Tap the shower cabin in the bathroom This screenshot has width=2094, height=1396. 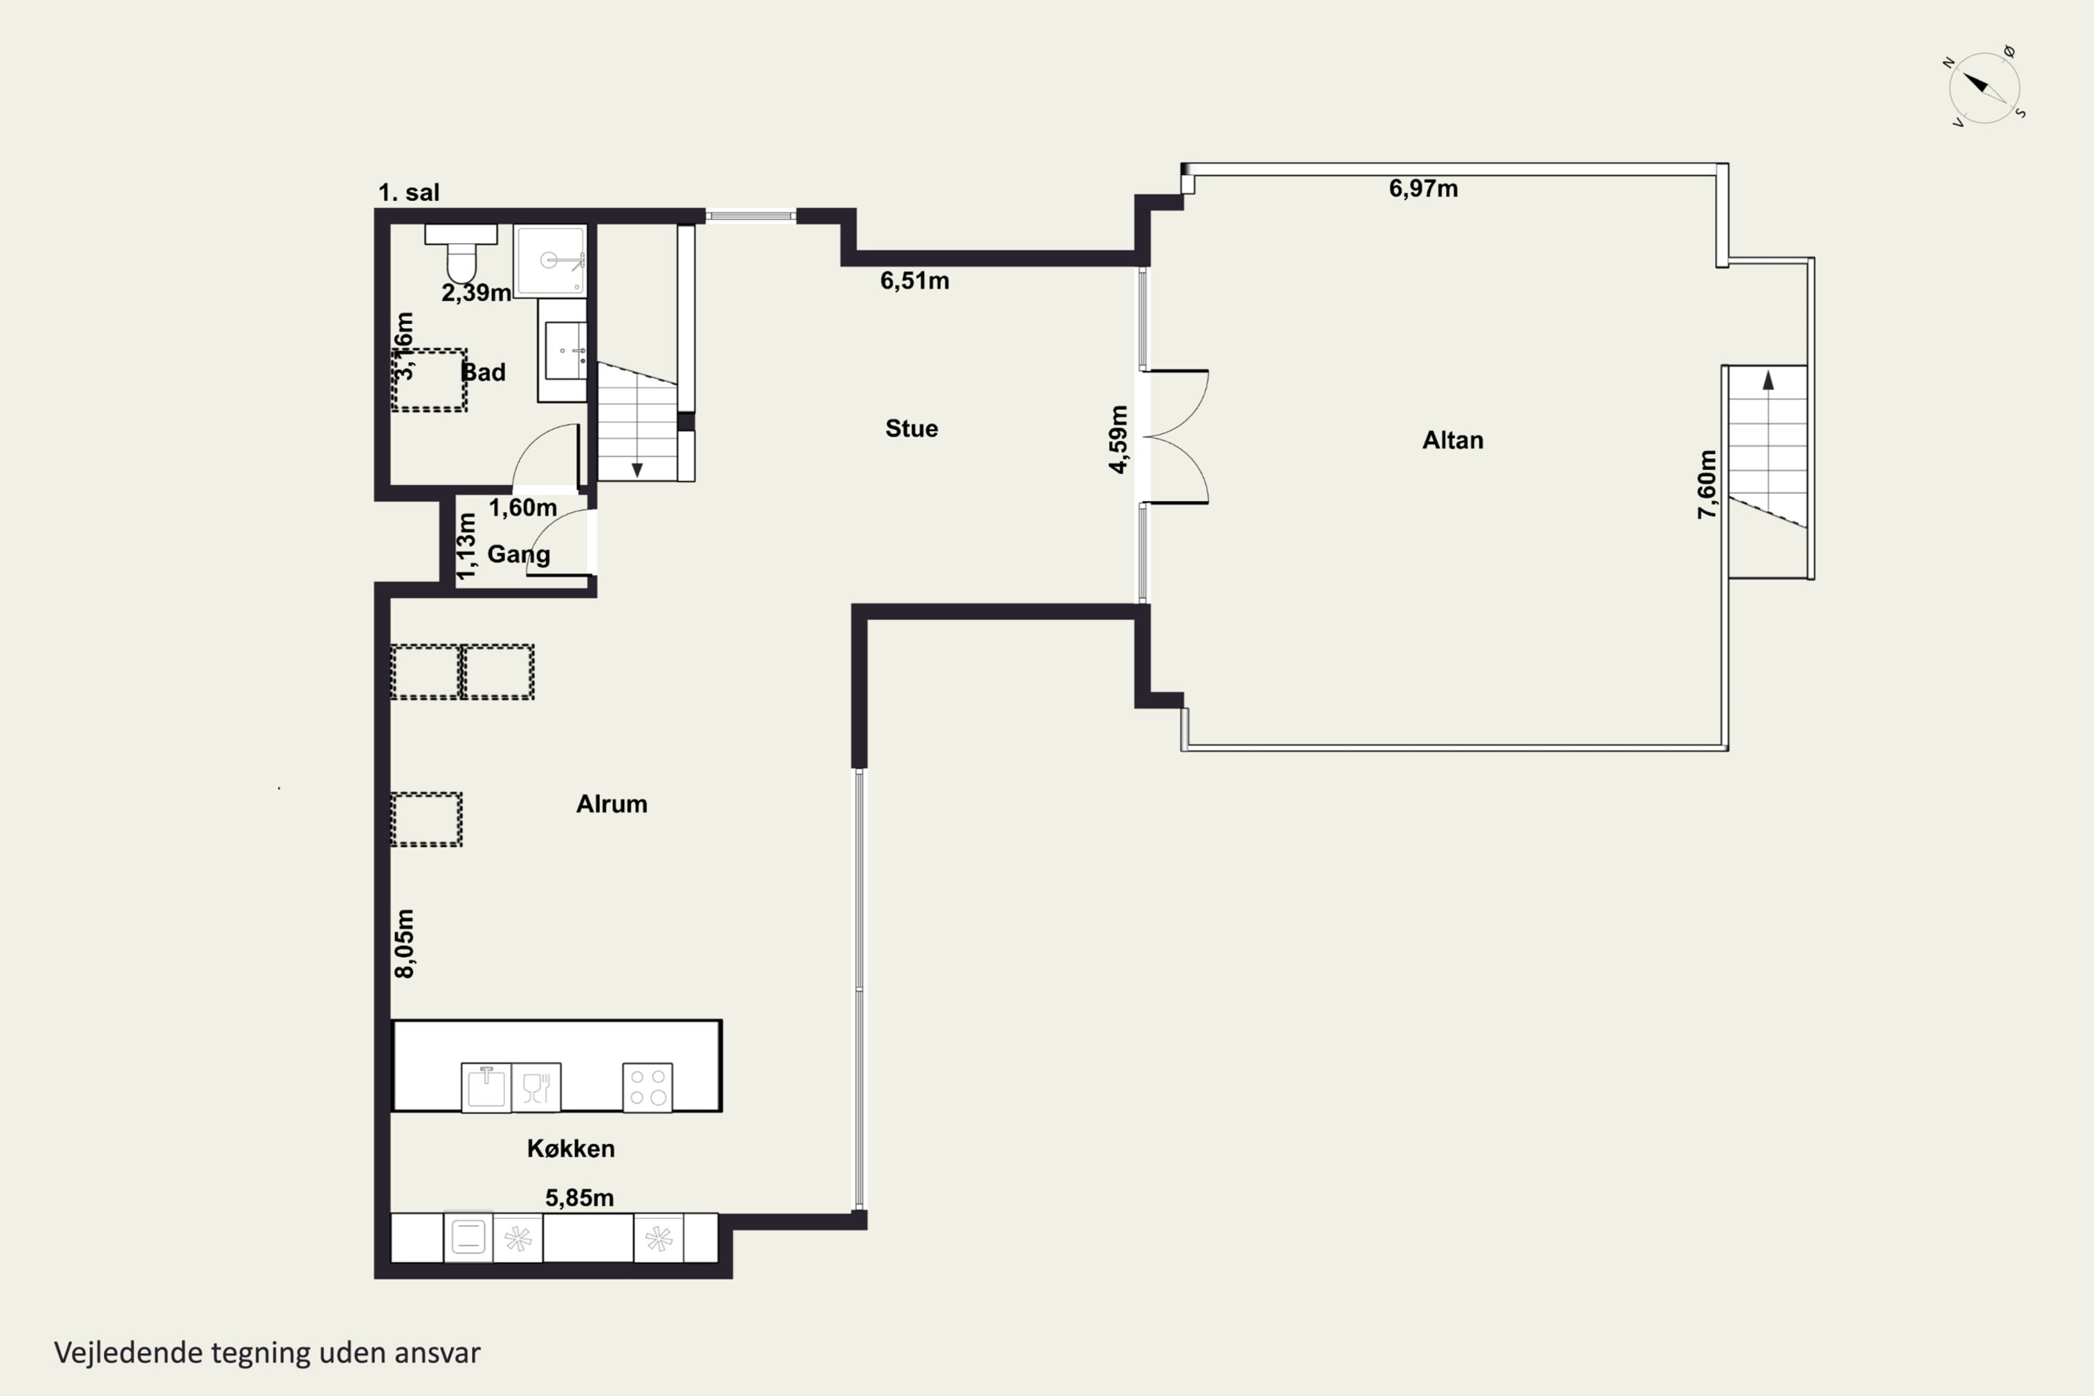coord(550,260)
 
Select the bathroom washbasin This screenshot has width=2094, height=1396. coord(563,350)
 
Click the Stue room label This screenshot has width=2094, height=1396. coord(912,429)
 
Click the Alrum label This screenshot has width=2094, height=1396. coord(611,804)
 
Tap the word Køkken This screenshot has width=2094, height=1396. coord(571,1148)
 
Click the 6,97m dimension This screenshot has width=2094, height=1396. coord(1424,188)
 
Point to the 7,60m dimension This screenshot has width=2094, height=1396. coord(1707,484)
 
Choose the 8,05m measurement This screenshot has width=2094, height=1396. coord(404,944)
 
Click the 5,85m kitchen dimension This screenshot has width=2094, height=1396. coord(579,1198)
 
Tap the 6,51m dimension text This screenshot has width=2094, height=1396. coord(914,281)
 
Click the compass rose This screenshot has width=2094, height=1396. coord(1984,88)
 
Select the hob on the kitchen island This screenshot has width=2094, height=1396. coord(647,1087)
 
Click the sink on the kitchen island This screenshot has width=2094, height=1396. coord(486,1087)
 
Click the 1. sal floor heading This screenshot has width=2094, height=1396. coord(408,193)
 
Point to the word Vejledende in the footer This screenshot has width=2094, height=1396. coord(128,1353)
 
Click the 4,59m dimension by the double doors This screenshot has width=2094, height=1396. coord(1118,439)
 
